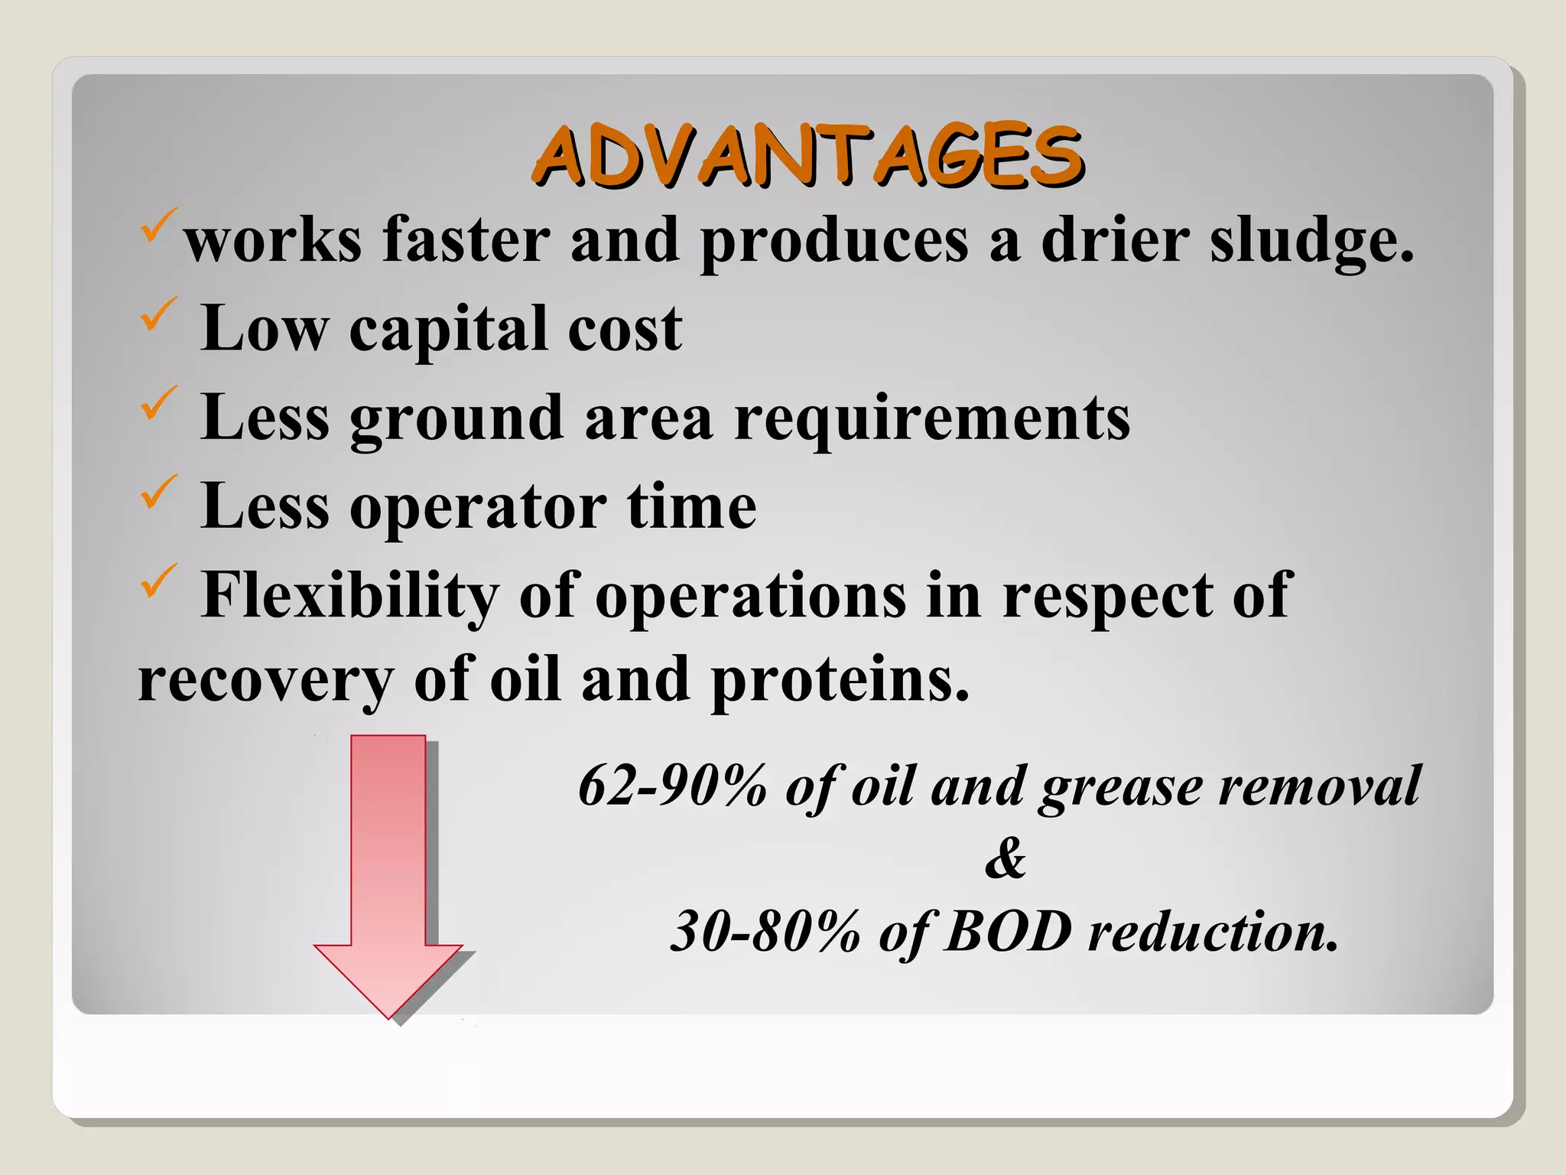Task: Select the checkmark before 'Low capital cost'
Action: point(158,315)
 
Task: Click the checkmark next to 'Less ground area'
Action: point(158,404)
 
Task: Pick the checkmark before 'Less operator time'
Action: point(158,493)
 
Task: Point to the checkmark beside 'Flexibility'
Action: point(158,581)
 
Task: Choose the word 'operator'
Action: point(478,508)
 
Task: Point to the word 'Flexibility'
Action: point(349,597)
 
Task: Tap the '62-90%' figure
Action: point(672,786)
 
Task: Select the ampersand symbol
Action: point(1005,858)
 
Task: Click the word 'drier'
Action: point(1115,242)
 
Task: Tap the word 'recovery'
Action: point(265,681)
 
